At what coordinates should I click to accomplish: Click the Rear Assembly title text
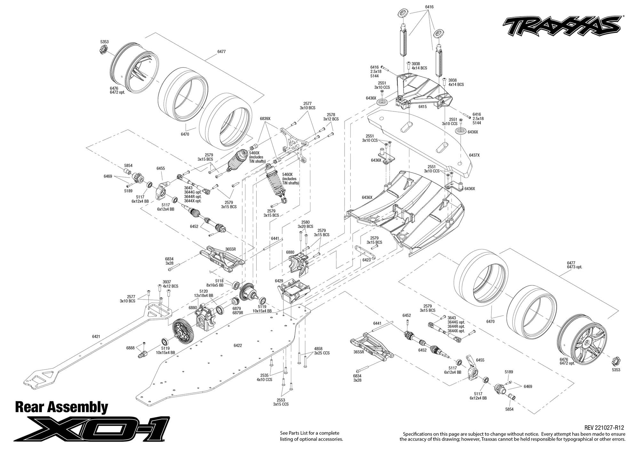(61, 407)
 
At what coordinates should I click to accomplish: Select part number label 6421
(96, 336)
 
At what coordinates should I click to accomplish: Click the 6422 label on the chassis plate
(238, 345)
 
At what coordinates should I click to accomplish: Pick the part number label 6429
(279, 281)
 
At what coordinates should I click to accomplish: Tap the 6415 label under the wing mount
(422, 107)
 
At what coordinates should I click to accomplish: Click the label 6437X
(474, 155)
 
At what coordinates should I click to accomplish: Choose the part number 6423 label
(366, 260)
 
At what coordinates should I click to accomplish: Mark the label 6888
(130, 348)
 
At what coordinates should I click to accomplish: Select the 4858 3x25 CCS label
(322, 351)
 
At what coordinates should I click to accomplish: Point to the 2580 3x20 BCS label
(305, 224)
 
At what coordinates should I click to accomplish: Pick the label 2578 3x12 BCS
(331, 116)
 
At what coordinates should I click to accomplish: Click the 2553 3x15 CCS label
(281, 402)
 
